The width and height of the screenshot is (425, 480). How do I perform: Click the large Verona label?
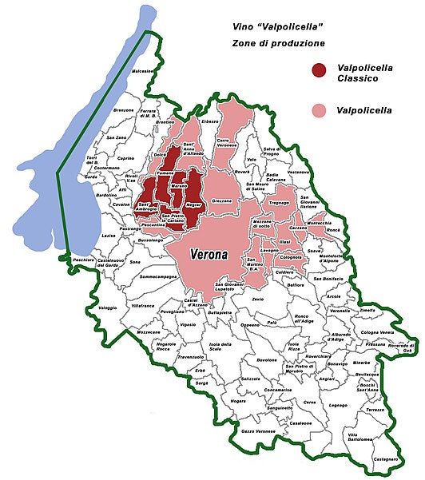[x=209, y=256]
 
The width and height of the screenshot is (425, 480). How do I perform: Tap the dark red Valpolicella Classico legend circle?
[x=322, y=73]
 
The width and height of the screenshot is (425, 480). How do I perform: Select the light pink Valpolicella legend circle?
[x=322, y=109]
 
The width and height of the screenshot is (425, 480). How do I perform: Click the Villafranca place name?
[x=143, y=305]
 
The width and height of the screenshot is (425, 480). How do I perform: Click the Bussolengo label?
[x=151, y=240]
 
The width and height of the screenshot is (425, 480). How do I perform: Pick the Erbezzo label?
[x=210, y=121]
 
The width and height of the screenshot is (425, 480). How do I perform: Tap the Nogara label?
[x=238, y=400]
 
